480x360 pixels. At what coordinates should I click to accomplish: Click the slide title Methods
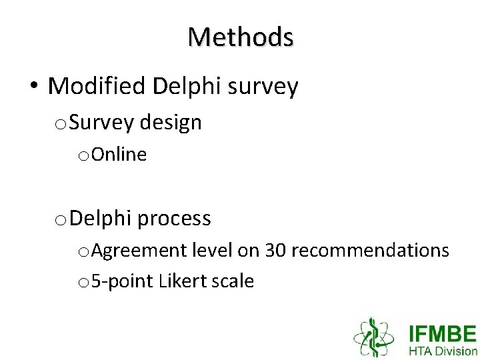[240, 37]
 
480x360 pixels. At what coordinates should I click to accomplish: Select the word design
[170, 122]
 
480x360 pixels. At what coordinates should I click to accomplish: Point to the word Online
[119, 155]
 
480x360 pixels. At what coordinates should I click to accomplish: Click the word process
[176, 218]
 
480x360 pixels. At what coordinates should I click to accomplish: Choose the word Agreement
[140, 251]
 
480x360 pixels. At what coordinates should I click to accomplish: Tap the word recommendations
[370, 250]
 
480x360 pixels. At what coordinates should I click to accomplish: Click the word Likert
[184, 281]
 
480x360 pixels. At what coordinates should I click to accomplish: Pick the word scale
[233, 281]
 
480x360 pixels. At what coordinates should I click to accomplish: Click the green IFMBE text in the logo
[443, 333]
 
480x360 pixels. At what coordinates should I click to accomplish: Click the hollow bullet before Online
[83, 156]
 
